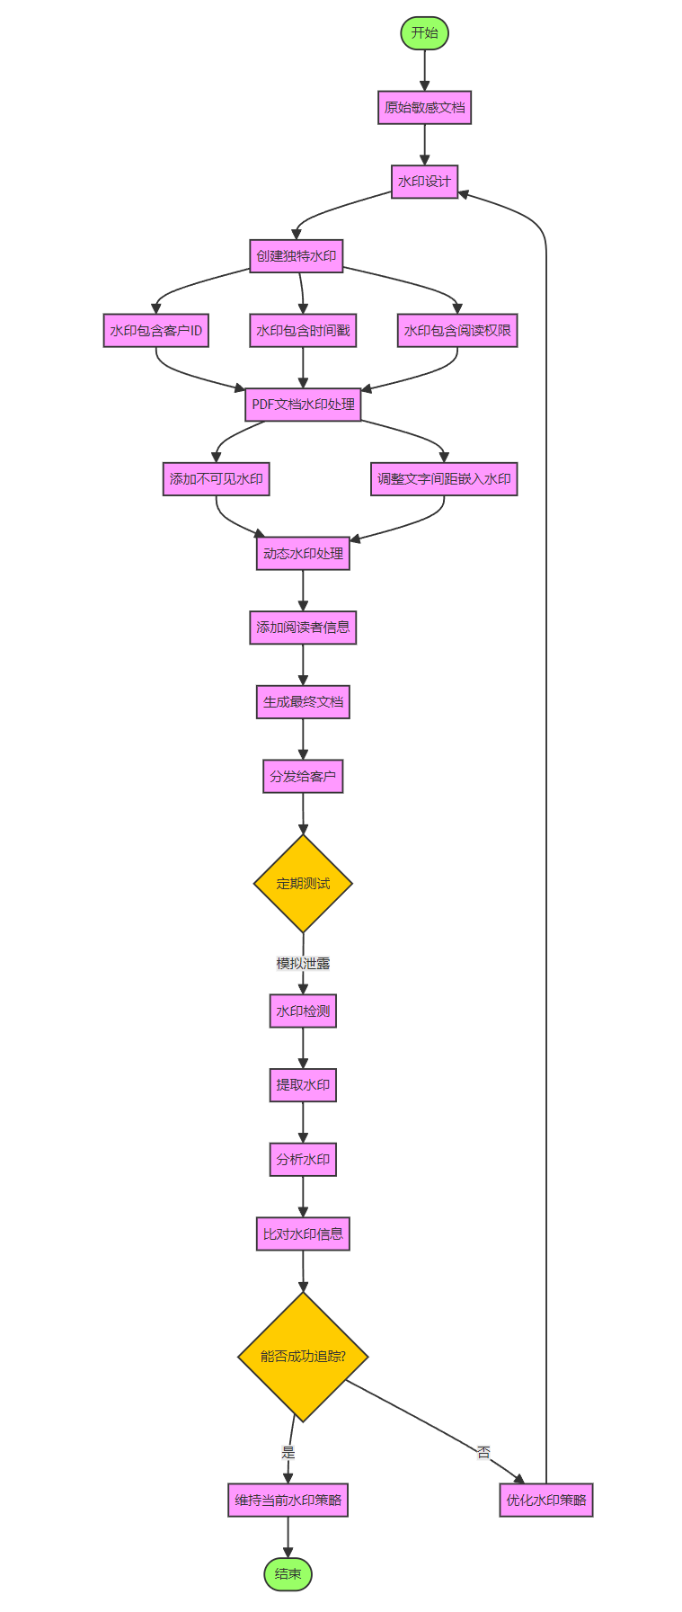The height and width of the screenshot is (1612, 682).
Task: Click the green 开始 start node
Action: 424,33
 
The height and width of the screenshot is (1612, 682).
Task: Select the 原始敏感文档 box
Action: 424,108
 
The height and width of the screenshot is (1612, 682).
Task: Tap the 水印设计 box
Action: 424,182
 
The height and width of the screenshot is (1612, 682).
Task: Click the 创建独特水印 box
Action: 296,256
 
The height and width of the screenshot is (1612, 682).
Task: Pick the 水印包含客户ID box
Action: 155,331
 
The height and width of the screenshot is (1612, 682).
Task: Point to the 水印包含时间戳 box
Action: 303,331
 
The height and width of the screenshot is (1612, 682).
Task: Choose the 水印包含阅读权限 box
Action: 457,331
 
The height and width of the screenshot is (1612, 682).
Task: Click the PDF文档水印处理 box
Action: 303,405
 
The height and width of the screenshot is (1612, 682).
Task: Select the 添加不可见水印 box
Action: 216,479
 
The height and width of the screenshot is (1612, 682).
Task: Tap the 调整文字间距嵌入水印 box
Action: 444,479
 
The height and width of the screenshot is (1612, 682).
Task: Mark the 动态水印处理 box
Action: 303,554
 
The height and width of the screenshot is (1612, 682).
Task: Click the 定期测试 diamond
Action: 303,884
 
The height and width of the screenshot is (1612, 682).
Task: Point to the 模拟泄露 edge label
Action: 303,964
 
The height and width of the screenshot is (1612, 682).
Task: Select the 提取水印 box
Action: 303,1085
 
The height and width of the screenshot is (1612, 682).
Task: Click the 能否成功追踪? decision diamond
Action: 303,1357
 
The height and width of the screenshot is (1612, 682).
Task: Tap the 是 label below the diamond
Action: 288,1452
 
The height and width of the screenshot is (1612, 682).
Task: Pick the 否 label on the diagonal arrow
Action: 483,1451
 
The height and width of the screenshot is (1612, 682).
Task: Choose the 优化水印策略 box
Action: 545,1500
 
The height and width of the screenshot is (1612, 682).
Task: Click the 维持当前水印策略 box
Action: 288,1500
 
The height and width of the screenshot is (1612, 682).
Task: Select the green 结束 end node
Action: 288,1574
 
